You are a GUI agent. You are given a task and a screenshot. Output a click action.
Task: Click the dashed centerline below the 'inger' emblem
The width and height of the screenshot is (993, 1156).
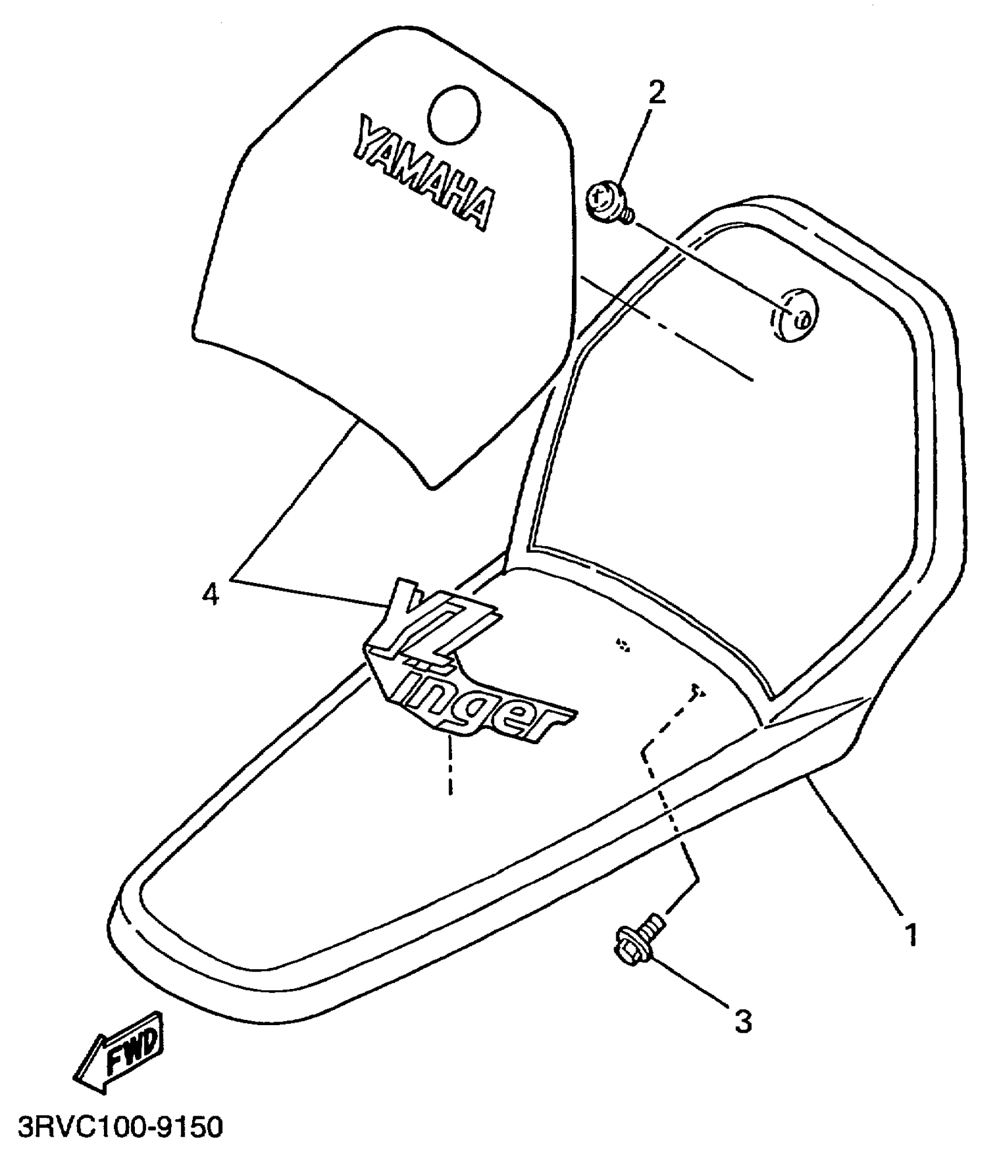450,765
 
